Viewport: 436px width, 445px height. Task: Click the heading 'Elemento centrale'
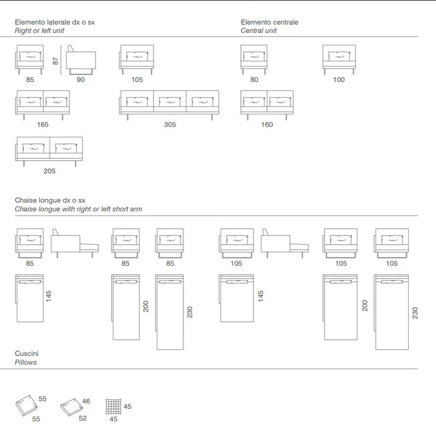click(x=269, y=22)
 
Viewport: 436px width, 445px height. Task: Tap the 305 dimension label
click(x=170, y=125)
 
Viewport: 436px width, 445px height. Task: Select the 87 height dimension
click(x=56, y=61)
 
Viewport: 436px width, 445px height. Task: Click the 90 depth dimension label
click(x=81, y=80)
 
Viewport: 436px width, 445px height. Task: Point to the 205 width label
click(x=50, y=171)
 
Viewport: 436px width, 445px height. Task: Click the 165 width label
click(x=43, y=125)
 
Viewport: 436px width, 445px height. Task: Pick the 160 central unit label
click(x=267, y=125)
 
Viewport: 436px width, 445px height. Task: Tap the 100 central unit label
click(x=339, y=80)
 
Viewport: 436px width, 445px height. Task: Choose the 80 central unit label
click(x=254, y=80)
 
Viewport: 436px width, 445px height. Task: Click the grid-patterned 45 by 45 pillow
click(x=113, y=407)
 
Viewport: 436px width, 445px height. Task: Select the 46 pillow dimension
click(x=86, y=401)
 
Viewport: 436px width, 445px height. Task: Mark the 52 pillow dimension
click(x=83, y=418)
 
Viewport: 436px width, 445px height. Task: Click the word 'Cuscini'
click(x=27, y=354)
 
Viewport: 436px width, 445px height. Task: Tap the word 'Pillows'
click(x=25, y=362)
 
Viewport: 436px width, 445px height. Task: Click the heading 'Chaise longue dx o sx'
click(x=50, y=200)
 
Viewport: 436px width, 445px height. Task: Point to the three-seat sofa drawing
click(x=169, y=105)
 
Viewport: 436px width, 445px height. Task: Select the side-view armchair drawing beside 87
click(x=81, y=60)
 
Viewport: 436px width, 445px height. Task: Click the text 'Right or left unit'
click(x=39, y=31)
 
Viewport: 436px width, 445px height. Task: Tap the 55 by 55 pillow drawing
click(x=27, y=405)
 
